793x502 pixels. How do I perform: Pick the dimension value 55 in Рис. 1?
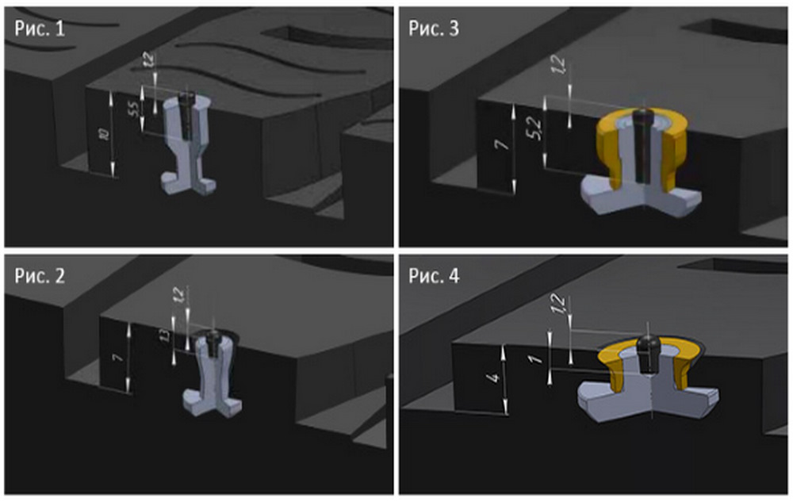(132, 109)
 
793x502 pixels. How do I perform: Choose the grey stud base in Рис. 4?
(626, 397)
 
